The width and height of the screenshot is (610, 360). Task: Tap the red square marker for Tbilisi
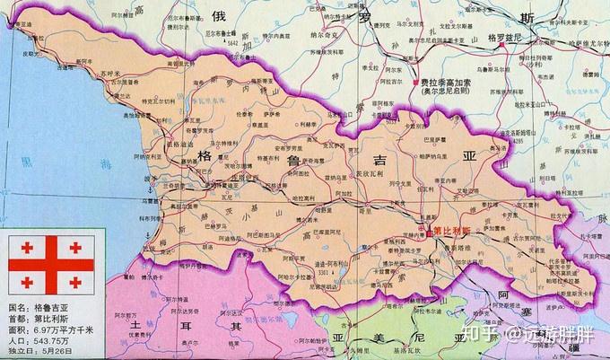[431, 231]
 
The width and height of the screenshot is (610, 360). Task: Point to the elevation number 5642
[233, 41]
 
